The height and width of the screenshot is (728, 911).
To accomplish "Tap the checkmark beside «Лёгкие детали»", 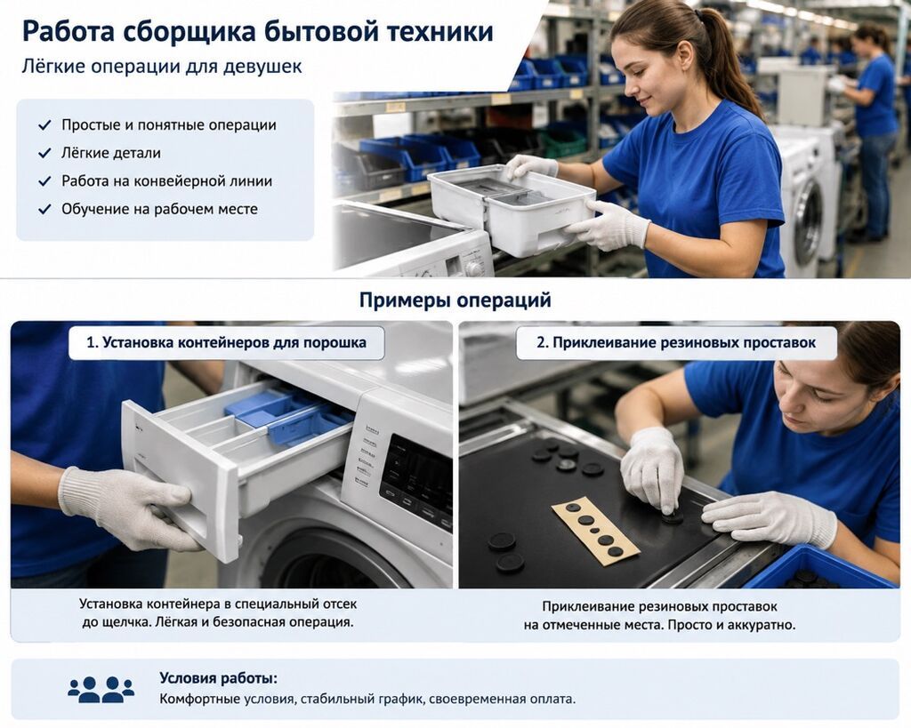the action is (44, 153).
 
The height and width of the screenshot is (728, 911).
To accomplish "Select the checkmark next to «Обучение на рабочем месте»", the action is (44, 209).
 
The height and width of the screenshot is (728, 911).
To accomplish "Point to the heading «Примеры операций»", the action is (455, 300).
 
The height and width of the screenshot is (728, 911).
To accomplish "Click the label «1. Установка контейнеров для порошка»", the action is (227, 342).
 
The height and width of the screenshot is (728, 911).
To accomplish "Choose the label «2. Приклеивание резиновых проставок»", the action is (676, 342).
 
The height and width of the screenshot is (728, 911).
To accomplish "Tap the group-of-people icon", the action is (101, 689).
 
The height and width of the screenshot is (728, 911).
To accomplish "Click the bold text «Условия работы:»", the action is (219, 678).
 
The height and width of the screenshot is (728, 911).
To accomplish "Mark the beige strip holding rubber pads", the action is (595, 529).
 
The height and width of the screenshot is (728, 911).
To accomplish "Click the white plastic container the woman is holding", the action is (512, 209).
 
